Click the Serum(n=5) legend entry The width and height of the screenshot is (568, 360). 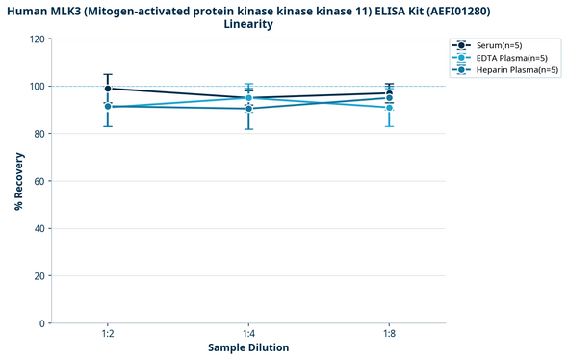point(498,45)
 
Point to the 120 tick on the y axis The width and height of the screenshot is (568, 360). point(37,39)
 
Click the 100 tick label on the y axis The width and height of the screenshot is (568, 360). point(37,87)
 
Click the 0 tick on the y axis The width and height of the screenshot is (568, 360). point(41,323)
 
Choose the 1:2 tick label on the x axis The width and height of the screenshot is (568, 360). point(108,333)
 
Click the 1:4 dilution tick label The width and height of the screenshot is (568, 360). point(248,333)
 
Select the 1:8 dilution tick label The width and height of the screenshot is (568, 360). point(389,333)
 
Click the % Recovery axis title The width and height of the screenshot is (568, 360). point(18,181)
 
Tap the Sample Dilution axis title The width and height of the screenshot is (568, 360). point(248,347)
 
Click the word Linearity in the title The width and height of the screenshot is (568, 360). point(248,24)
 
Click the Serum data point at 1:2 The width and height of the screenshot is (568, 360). point(108,89)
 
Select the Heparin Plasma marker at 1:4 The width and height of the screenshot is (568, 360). point(248,109)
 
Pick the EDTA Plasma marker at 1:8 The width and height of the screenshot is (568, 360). point(389,108)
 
